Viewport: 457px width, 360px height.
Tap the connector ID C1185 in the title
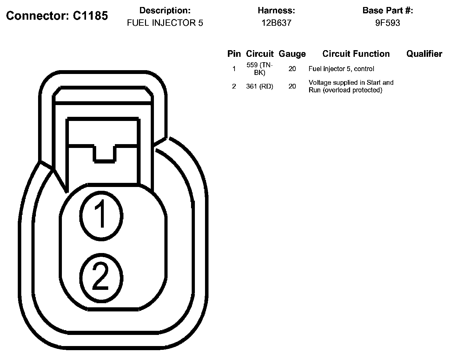coord(90,16)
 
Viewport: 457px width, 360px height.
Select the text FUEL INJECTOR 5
coord(165,23)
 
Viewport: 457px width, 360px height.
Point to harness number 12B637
coord(276,23)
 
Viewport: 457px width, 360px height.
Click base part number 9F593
coord(387,23)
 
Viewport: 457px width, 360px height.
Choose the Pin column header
coord(234,54)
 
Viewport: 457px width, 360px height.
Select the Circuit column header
coord(260,54)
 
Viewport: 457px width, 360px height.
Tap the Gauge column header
coord(292,54)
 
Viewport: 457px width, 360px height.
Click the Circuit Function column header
coord(356,54)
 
